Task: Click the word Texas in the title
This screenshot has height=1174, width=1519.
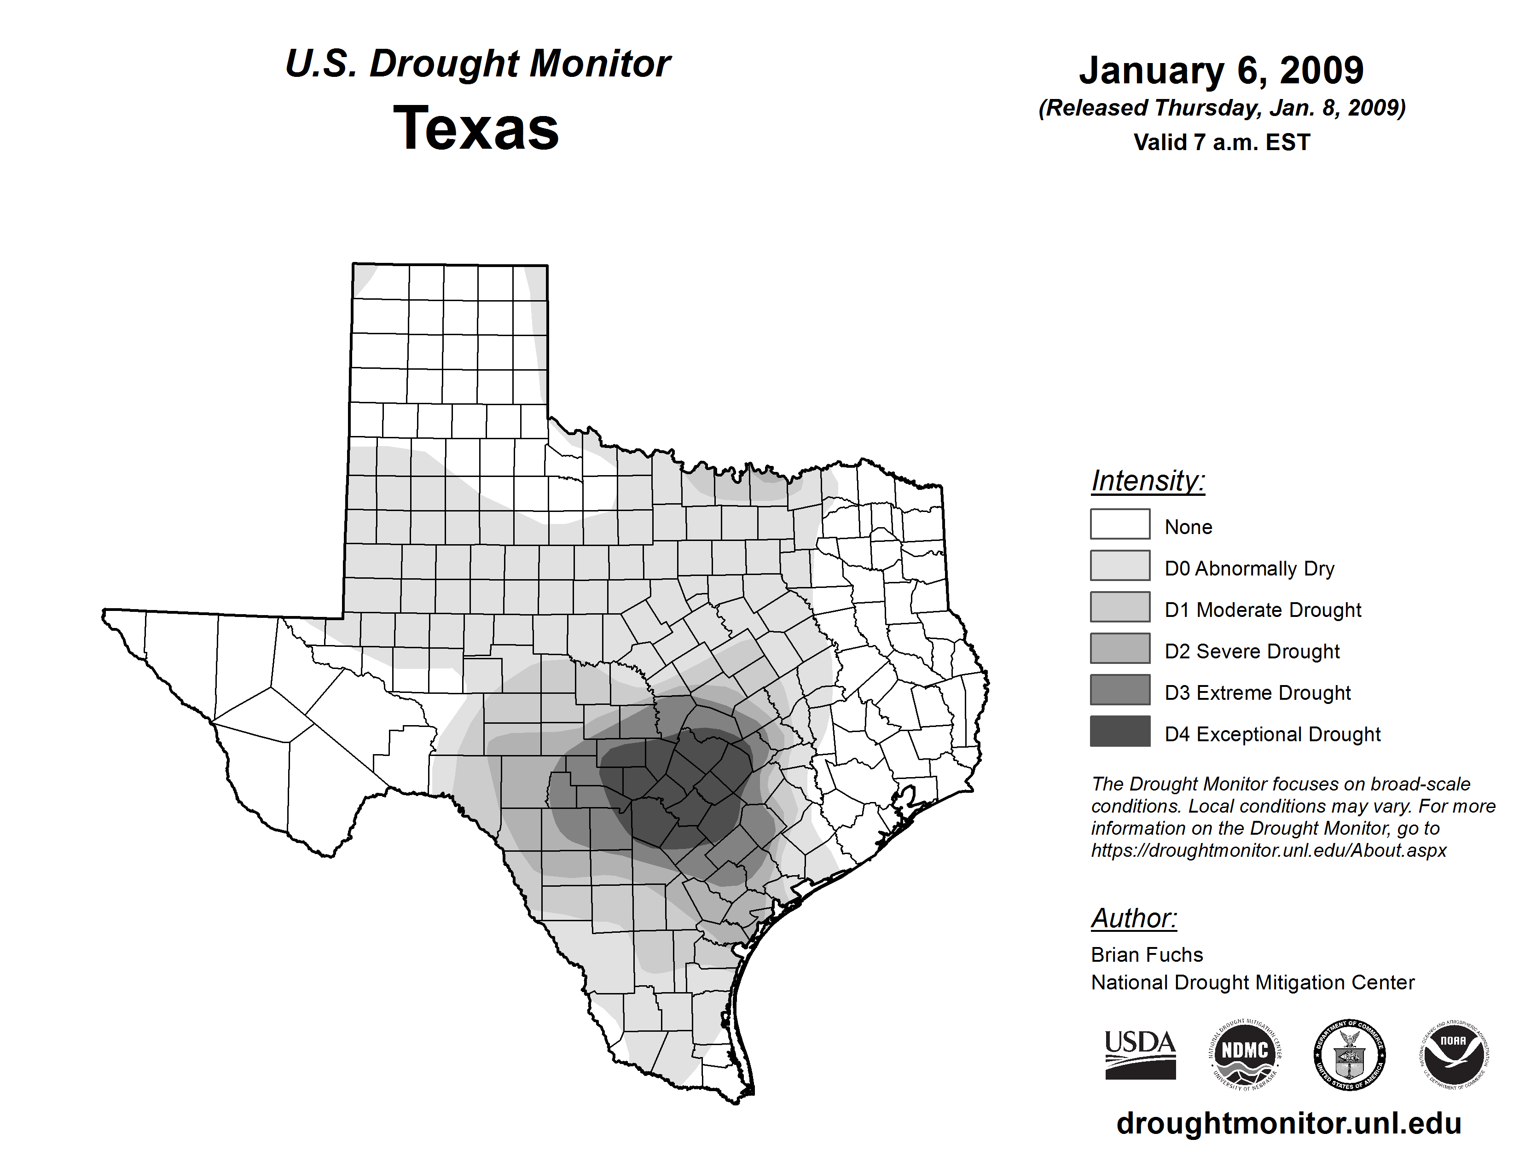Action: (476, 128)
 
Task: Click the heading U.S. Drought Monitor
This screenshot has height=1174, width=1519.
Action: (477, 64)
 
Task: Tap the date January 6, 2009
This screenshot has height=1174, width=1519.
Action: (1221, 70)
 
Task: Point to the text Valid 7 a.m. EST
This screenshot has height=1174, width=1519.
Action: (1221, 143)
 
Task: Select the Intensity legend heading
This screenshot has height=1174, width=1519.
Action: (1148, 481)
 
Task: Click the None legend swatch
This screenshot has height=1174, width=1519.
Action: (1120, 524)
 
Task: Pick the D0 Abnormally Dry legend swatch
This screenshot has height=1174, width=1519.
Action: (1120, 565)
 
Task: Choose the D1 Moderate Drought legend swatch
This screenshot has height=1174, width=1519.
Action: (1120, 606)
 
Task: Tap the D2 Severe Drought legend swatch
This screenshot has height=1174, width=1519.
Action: (1120, 648)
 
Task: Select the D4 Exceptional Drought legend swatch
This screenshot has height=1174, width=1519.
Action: (1120, 731)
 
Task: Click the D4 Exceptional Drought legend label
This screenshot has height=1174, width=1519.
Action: (1272, 734)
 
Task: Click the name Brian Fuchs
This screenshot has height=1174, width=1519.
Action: (1147, 955)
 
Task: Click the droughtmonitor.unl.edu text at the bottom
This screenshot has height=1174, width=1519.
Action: (1289, 1123)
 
